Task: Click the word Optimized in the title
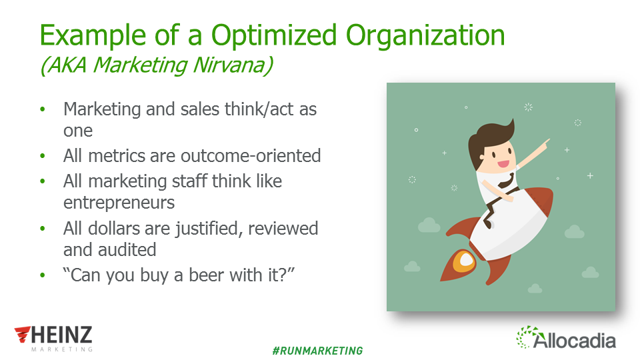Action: coord(274,35)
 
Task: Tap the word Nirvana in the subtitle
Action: coord(233,65)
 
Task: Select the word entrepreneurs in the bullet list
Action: coord(119,203)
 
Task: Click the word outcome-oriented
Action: coord(251,156)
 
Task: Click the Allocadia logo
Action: coord(566,338)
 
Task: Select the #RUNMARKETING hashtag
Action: coord(317,351)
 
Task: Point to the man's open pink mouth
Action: coord(503,165)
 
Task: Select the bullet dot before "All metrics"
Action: coord(43,156)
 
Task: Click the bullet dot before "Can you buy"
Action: coord(43,275)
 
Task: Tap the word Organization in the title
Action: coord(425,35)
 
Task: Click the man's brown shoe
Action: coord(488,223)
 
